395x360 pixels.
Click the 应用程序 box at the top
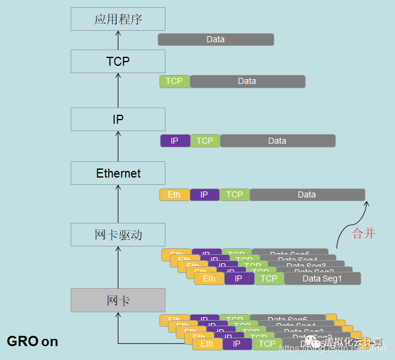pyautogui.click(x=118, y=19)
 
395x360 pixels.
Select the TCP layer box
pyautogui.click(x=118, y=62)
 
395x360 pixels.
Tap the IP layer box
pyautogui.click(x=118, y=120)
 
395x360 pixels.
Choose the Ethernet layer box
pyautogui.click(x=118, y=173)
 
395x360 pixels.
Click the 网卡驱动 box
pyautogui.click(x=118, y=235)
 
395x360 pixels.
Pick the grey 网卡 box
pyautogui.click(x=118, y=300)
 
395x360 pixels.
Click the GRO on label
pyautogui.click(x=33, y=341)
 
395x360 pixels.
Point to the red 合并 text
pyautogui.click(x=364, y=234)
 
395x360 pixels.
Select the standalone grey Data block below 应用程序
pyautogui.click(x=216, y=40)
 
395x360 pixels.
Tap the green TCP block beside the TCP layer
pyautogui.click(x=175, y=82)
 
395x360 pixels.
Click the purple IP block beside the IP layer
pyautogui.click(x=175, y=141)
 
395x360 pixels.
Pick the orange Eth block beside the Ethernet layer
pyautogui.click(x=175, y=194)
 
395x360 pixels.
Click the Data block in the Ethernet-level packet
pyautogui.click(x=307, y=194)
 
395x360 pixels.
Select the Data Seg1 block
pyautogui.click(x=322, y=278)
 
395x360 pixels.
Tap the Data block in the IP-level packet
pyautogui.click(x=277, y=141)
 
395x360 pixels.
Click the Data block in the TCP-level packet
pyautogui.click(x=247, y=82)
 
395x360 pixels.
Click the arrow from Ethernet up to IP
pyautogui.click(x=118, y=146)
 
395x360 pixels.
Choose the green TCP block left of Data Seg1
pyautogui.click(x=269, y=278)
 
